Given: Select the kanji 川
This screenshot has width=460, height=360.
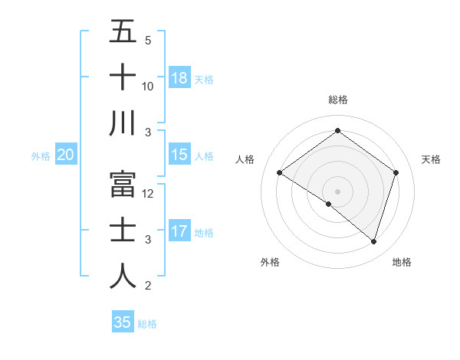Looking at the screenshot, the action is pos(123,124).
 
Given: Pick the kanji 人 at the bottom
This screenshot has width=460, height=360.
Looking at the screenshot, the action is pos(123,276).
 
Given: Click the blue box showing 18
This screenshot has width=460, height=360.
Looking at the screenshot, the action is pos(179,77).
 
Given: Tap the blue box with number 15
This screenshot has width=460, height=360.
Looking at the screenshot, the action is pos(179,155).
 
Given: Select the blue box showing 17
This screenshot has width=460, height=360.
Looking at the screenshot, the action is pos(179,231).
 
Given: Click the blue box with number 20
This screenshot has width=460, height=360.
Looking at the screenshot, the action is pos(66,155).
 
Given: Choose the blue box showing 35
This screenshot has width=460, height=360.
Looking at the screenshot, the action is pos(123,322).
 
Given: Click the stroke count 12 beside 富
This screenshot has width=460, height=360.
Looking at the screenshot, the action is pos(149,194).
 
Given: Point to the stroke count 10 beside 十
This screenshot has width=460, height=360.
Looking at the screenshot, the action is pos(148,87).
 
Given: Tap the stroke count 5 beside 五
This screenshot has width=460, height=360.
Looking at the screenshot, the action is pos(148,40).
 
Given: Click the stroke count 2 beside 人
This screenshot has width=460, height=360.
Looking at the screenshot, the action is pos(148,286).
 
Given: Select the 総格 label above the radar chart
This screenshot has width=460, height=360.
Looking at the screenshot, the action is pos(338,100).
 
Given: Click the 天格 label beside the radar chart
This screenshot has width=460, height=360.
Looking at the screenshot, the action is pos(432,159).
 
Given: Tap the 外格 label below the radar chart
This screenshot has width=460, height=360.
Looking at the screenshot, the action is pos(270,262).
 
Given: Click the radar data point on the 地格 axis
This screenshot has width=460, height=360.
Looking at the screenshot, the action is pos(373,241).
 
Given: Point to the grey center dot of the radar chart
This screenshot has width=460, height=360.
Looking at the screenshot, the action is pos(337,190).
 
